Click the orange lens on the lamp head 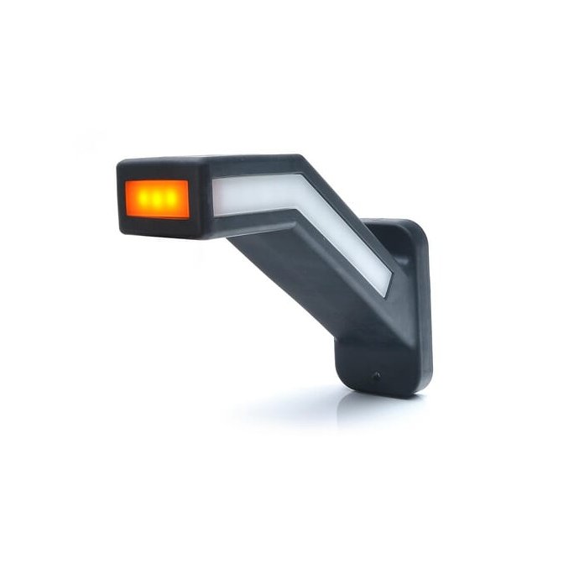[x=157, y=199]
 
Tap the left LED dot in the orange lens [x=143, y=200]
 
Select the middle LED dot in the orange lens [x=156, y=200]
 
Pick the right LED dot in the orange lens [x=170, y=200]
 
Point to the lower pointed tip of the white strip [x=386, y=294]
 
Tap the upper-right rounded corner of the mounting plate [x=420, y=231]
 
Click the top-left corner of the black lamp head [x=119, y=163]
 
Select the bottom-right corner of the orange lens [x=188, y=216]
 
